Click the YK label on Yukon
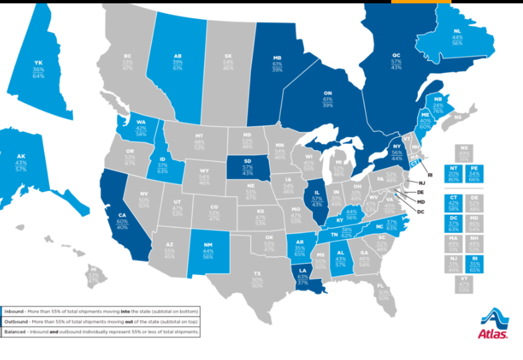[38, 63]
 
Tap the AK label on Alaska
[21, 156]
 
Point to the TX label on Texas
[257, 273]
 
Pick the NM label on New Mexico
[207, 246]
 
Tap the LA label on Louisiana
[302, 270]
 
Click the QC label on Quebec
[396, 56]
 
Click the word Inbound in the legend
[14, 311]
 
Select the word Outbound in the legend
[16, 321]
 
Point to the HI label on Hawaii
[93, 271]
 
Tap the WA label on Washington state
[141, 123]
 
